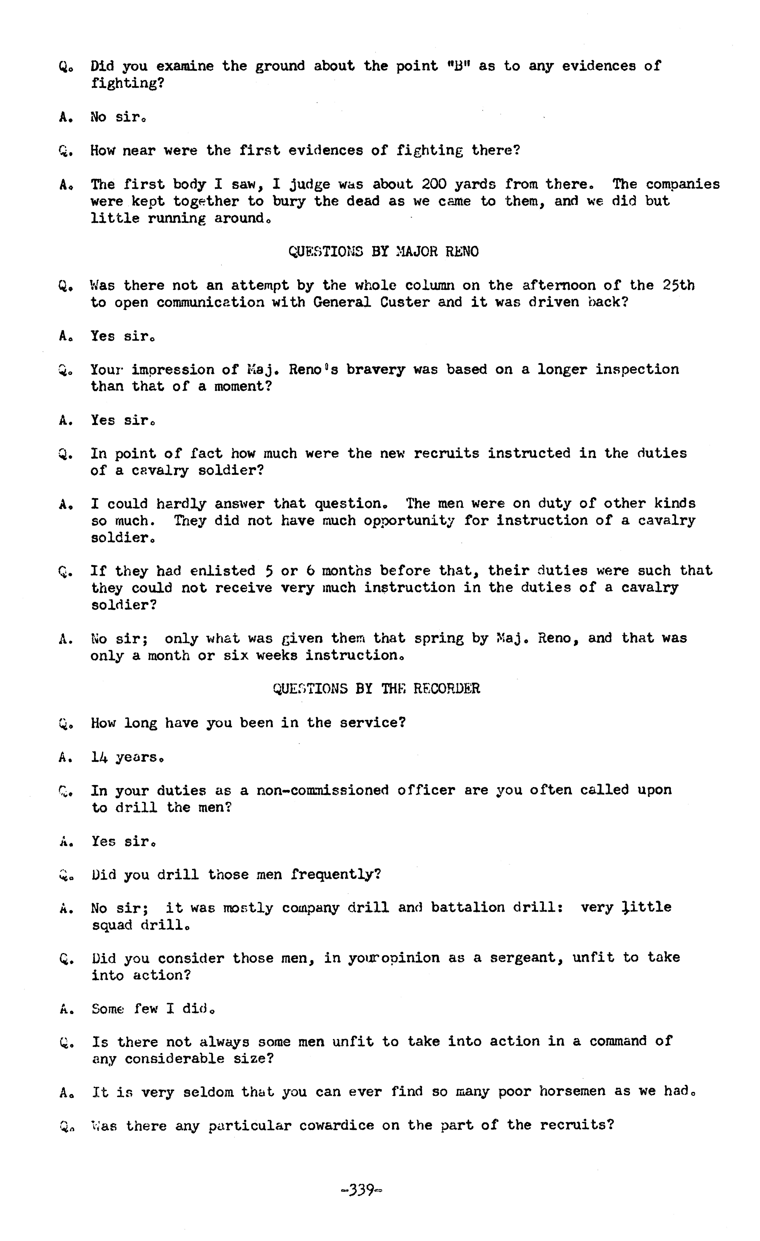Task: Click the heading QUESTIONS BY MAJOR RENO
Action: pos(384,251)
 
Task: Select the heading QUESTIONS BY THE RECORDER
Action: pos(376,689)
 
